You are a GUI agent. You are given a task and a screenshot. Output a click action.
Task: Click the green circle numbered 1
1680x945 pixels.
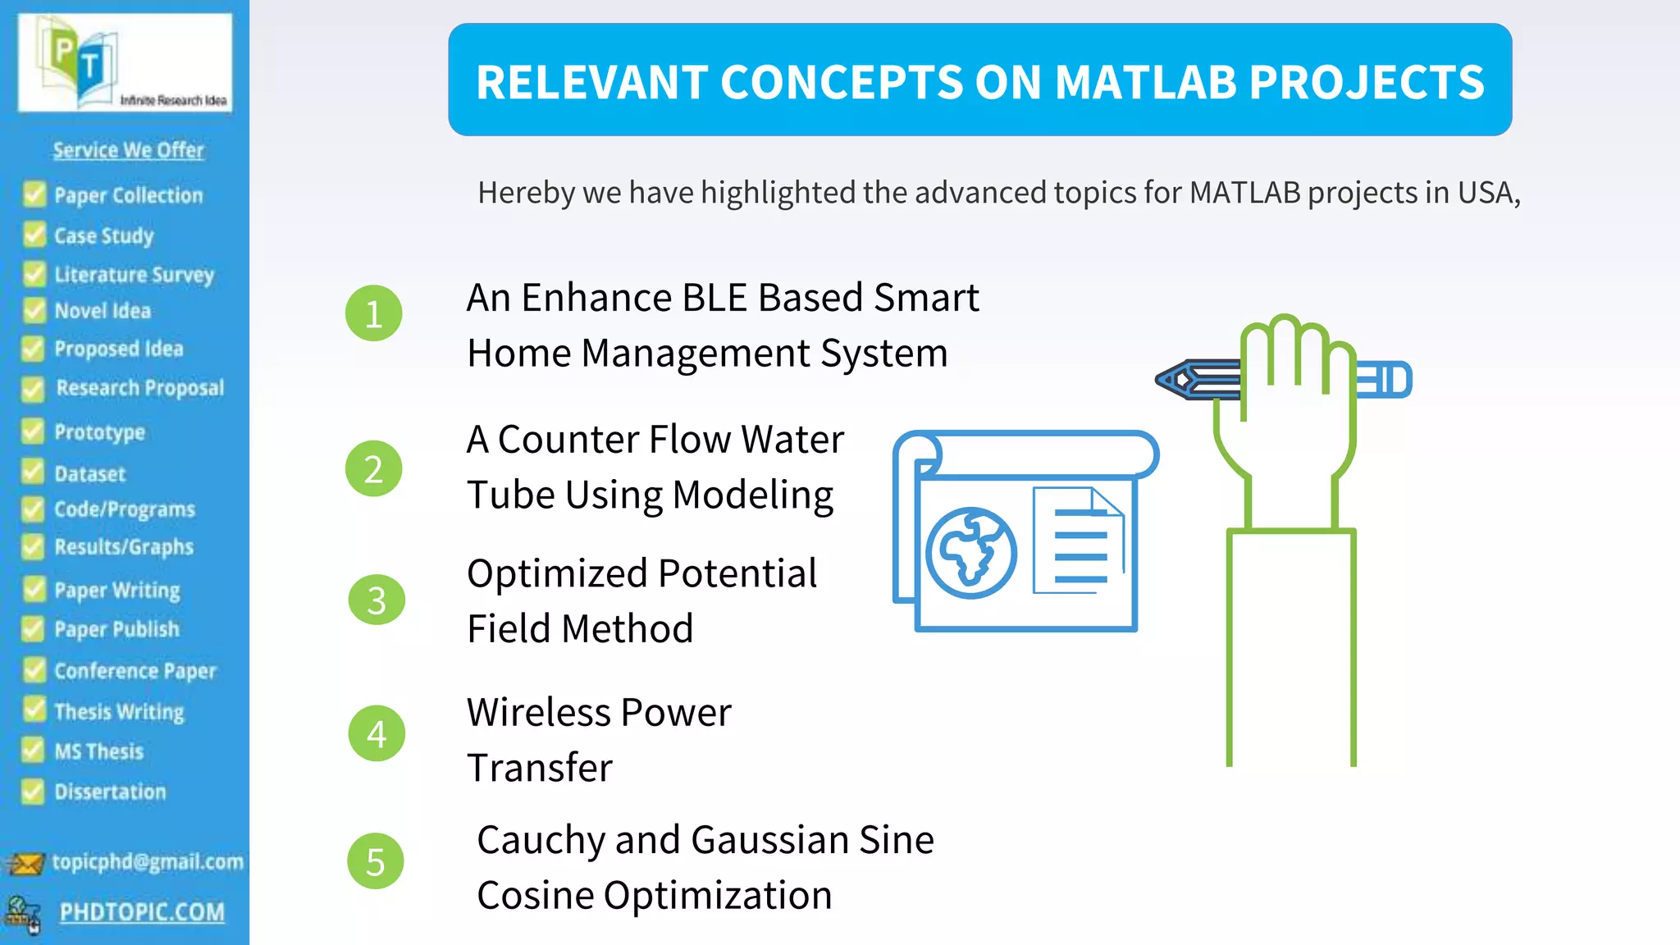point(373,313)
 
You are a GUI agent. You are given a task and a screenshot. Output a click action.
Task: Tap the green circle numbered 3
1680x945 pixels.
point(377,600)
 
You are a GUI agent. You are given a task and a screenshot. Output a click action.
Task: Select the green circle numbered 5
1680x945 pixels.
point(376,861)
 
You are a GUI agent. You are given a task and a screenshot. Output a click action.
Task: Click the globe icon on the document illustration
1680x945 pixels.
point(971,552)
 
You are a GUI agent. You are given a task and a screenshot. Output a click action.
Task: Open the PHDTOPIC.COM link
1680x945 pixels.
point(142,912)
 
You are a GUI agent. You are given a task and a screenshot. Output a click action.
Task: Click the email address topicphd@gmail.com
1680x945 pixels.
point(148,861)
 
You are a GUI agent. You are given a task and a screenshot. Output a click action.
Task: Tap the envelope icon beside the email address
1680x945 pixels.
point(25,863)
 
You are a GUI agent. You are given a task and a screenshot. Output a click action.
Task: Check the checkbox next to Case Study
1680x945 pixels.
point(34,235)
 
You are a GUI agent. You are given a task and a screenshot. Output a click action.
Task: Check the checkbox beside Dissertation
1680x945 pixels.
point(33,792)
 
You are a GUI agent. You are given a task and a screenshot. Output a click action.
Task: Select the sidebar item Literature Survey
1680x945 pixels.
point(134,274)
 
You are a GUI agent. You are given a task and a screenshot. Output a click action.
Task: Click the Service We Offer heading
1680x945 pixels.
point(128,150)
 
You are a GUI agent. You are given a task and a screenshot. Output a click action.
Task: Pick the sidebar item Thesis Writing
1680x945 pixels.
point(119,711)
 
